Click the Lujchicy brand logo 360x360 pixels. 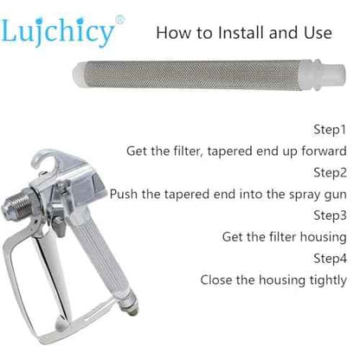tap(58, 32)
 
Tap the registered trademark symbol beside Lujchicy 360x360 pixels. tap(120, 20)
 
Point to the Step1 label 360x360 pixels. tap(330, 130)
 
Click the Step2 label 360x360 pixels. tap(330, 172)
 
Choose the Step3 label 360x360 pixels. tap(330, 215)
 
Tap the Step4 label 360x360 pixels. tap(330, 258)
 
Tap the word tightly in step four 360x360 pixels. tap(328, 280)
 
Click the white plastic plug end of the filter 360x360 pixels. tap(329, 75)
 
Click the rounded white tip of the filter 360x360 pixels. tap(79, 75)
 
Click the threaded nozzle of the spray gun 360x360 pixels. tap(16, 203)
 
